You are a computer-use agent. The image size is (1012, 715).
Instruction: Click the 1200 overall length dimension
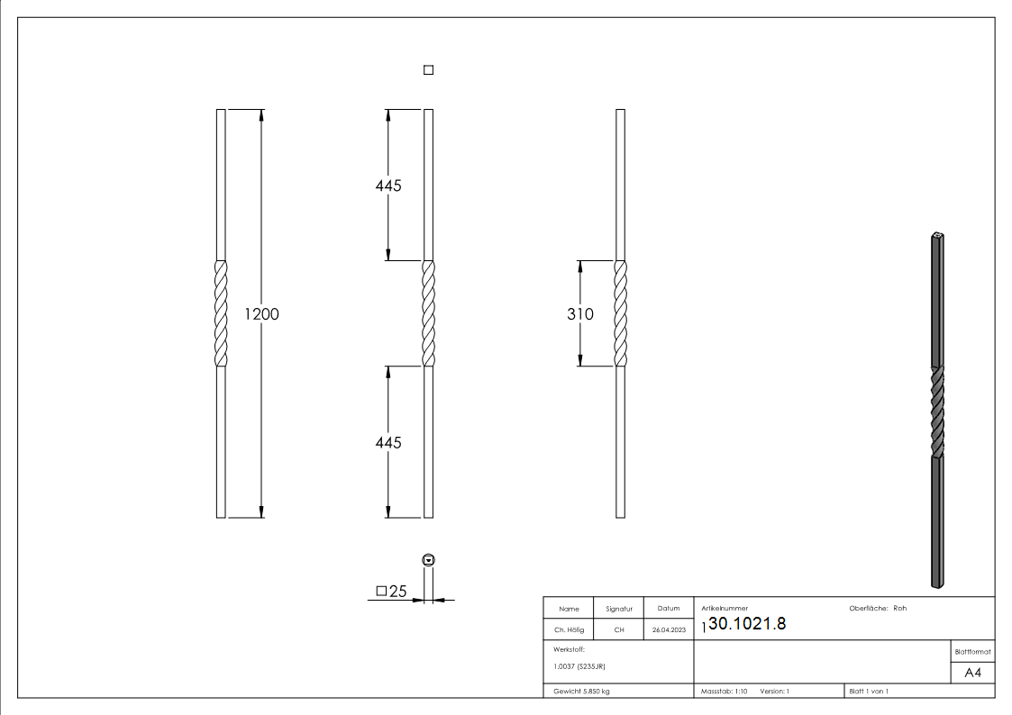pos(261,314)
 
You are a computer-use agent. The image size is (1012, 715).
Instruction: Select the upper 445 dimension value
pos(387,186)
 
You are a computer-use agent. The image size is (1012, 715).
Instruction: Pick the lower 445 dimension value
pos(387,443)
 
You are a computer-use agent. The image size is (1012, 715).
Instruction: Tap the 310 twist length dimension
pos(580,314)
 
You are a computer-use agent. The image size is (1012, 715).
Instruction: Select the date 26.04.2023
pos(668,630)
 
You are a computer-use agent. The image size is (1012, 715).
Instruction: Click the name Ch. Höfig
pos(569,630)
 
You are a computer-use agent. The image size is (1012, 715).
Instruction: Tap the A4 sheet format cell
pos(972,673)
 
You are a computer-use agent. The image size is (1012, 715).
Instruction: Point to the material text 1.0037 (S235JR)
pos(579,666)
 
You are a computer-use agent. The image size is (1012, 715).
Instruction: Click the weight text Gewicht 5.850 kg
pos(582,692)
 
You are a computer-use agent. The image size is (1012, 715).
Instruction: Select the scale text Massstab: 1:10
pos(725,692)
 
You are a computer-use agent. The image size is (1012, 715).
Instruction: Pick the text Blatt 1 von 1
pos(869,692)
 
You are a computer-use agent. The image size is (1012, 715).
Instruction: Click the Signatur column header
pos(619,609)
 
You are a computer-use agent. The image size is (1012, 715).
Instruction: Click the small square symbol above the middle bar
pos(428,70)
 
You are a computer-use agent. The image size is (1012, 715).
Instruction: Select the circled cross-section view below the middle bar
pos(428,560)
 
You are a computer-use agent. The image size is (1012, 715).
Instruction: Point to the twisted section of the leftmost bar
pos(221,313)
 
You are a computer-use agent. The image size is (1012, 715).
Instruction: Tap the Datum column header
pos(668,609)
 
